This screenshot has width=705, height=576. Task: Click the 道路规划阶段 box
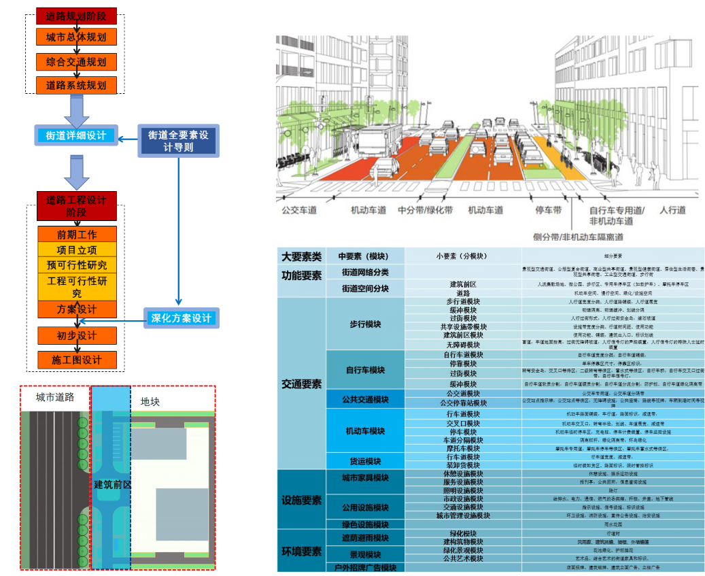[77, 15]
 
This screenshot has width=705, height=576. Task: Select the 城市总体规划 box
[77, 37]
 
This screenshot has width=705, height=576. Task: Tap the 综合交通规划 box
[77, 62]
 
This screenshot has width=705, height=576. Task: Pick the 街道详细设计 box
[76, 135]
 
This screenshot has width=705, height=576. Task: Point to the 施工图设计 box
[77, 360]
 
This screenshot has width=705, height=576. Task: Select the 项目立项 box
[77, 250]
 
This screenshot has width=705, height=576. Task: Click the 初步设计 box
[77, 336]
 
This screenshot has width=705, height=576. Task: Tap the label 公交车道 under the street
[299, 211]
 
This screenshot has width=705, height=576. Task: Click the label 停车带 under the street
[547, 211]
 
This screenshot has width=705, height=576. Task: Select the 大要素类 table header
[301, 256]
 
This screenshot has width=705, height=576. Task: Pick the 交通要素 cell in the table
[301, 385]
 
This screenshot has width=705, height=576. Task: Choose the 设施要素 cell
[301, 501]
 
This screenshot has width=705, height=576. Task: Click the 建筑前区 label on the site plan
[112, 484]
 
